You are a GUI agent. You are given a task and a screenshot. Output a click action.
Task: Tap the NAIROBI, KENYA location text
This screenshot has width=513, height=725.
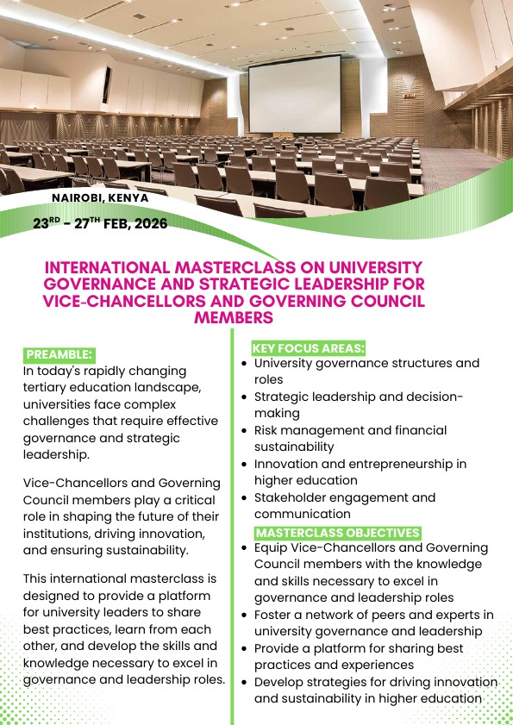point(100,197)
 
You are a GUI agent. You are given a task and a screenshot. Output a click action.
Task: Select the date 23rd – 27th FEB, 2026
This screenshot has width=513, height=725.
point(100,223)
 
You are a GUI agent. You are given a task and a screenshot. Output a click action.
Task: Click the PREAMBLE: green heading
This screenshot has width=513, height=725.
point(59,354)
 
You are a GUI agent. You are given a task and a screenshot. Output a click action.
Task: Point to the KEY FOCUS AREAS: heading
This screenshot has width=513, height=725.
point(308,348)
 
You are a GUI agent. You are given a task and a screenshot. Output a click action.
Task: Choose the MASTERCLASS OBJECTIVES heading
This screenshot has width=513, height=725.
point(337,533)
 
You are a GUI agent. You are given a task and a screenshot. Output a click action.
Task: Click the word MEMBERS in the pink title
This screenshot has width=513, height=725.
point(234,318)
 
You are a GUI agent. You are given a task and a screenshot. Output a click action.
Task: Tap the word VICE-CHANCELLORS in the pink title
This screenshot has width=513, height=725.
point(113,301)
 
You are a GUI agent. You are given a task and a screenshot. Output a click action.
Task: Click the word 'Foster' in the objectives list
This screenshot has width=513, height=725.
point(274,615)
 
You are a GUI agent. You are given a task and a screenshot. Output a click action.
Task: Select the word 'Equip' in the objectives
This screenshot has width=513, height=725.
point(271,547)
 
